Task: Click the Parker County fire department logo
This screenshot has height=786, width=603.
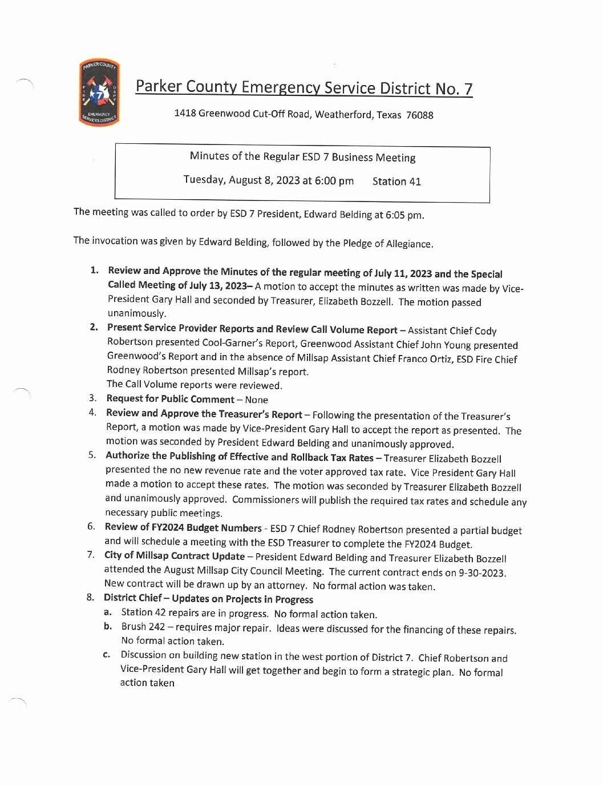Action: point(99,92)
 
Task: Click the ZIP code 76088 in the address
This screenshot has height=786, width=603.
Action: point(419,115)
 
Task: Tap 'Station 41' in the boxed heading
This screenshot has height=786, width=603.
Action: point(396,182)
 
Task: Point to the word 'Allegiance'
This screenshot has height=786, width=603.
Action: point(409,244)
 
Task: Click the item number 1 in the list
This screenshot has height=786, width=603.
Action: point(94,270)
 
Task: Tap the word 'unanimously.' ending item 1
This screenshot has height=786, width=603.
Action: point(137,313)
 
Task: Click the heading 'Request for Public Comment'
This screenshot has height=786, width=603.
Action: point(170,399)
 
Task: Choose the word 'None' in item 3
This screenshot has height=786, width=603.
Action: point(256,400)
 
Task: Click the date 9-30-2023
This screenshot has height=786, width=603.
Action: point(482,573)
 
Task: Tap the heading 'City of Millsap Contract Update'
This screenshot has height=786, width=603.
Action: point(174,556)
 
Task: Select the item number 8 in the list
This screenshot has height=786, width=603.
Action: point(90,597)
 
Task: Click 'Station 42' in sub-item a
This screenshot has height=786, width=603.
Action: point(143,613)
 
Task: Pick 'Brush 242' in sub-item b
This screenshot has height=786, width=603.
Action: point(143,627)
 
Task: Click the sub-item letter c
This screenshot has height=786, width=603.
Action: point(107,655)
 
